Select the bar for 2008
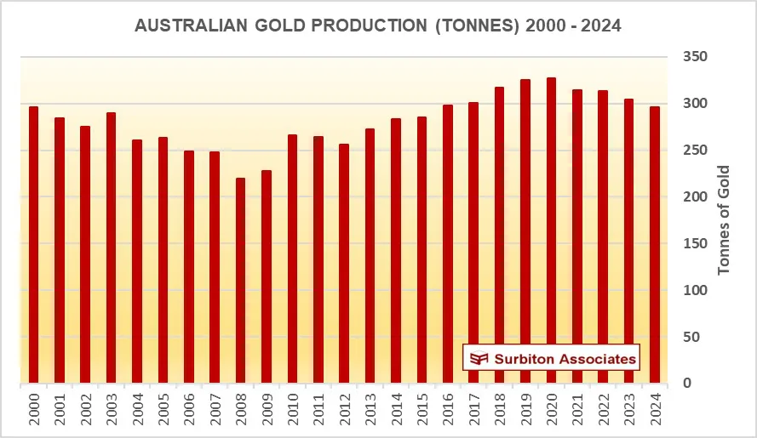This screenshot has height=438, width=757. pyautogui.click(x=241, y=281)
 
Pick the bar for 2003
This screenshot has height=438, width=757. pyautogui.click(x=112, y=247)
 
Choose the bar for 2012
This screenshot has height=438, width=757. pyautogui.click(x=344, y=264)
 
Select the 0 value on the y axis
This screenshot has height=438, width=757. pyautogui.click(x=687, y=384)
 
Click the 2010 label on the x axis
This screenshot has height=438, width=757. pyautogui.click(x=292, y=410)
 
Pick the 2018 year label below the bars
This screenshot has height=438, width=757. pyautogui.click(x=500, y=410)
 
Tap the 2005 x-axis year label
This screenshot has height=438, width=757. pyautogui.click(x=163, y=410)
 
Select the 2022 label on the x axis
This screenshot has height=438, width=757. pyautogui.click(x=603, y=410)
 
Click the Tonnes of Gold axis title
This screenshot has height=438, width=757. pyautogui.click(x=725, y=220)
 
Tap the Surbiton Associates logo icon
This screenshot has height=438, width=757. pyautogui.click(x=479, y=359)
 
